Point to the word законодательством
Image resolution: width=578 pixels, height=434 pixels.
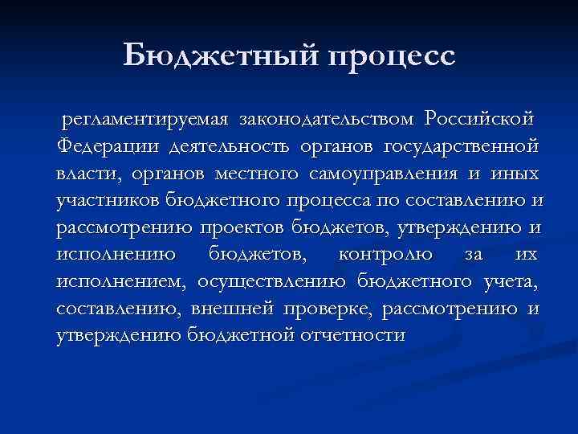click(x=324, y=121)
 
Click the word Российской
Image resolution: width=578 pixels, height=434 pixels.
click(x=479, y=121)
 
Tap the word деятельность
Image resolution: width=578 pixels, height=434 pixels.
click(x=231, y=147)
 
